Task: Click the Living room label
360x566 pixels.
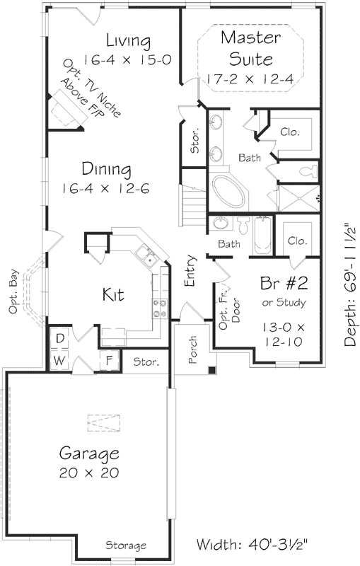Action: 128,39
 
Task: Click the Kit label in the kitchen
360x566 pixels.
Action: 113,294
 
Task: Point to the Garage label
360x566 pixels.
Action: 88,453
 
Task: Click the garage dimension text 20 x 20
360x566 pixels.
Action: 88,472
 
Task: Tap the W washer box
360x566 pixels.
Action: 60,361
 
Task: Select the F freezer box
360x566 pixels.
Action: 109,360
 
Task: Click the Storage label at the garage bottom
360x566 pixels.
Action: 126,545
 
